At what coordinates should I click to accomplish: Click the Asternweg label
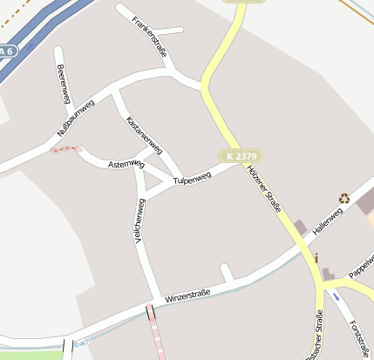pos(126,164)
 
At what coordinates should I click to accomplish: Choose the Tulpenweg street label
pos(193,179)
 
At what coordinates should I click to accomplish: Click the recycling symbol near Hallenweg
pos(344,199)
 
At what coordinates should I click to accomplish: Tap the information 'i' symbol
pos(316,258)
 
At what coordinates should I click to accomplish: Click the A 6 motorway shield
pos(7,52)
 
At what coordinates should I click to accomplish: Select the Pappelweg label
pos(361,268)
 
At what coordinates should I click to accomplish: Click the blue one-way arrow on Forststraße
pos(337,296)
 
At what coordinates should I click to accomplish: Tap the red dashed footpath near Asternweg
pos(66,149)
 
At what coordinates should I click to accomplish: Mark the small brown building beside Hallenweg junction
pos(301,228)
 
